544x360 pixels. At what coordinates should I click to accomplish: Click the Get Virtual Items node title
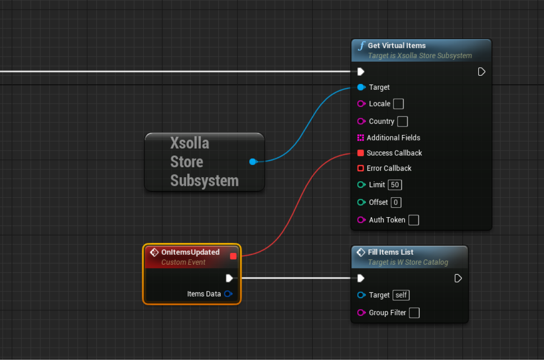pyautogui.click(x=397, y=45)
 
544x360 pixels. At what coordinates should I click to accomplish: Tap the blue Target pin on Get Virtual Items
pyautogui.click(x=361, y=87)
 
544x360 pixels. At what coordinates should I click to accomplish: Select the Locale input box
pyautogui.click(x=398, y=104)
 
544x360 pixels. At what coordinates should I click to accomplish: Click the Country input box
pyautogui.click(x=402, y=122)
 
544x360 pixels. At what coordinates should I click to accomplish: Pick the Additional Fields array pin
pyautogui.click(x=361, y=137)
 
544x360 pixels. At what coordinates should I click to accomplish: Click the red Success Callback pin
pyautogui.click(x=361, y=153)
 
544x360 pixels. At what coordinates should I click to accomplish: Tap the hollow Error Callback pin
pyautogui.click(x=361, y=168)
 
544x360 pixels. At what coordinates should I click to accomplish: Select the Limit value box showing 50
pyautogui.click(x=395, y=185)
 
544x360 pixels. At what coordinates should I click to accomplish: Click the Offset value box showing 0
pyautogui.click(x=396, y=202)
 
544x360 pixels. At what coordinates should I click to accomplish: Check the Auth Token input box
pyautogui.click(x=413, y=220)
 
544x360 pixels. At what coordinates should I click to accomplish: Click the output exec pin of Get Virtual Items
pyautogui.click(x=481, y=72)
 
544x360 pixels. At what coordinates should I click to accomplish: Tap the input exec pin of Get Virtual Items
pyautogui.click(x=361, y=72)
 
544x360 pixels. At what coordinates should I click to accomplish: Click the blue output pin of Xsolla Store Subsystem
pyautogui.click(x=253, y=161)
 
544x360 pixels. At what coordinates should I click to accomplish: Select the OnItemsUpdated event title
pyautogui.click(x=190, y=252)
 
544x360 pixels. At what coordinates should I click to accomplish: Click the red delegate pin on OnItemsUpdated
pyautogui.click(x=233, y=256)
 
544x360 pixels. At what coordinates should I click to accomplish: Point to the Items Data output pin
pyautogui.click(x=228, y=294)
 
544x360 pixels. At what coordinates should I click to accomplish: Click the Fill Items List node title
pyautogui.click(x=391, y=252)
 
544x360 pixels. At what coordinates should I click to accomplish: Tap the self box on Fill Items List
pyautogui.click(x=401, y=295)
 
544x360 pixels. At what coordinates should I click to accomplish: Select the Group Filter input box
pyautogui.click(x=414, y=313)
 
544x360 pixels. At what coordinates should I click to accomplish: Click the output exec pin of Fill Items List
pyautogui.click(x=458, y=278)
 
